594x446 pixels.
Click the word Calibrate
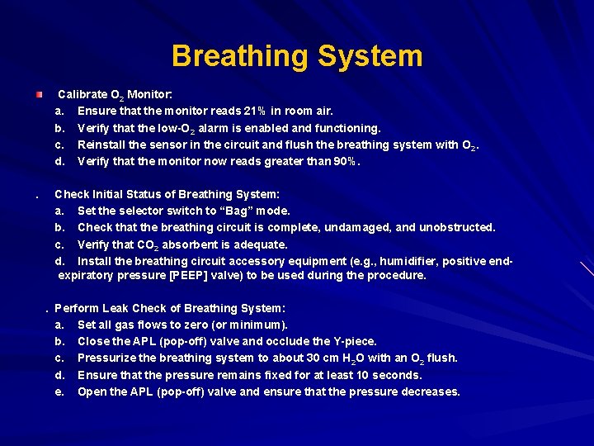coord(83,95)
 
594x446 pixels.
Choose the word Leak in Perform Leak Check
coord(116,308)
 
